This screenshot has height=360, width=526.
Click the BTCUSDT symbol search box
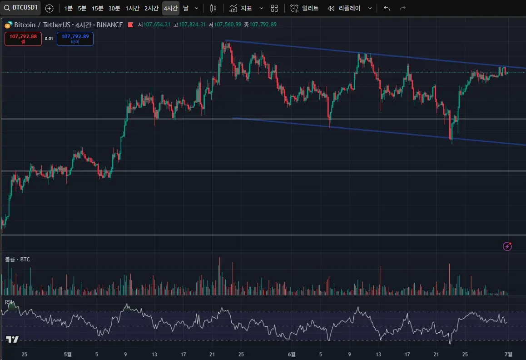click(x=21, y=8)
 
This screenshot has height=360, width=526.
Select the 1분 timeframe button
click(x=68, y=8)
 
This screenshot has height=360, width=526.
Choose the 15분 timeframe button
click(x=97, y=8)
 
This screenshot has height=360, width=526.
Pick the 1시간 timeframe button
click(x=132, y=8)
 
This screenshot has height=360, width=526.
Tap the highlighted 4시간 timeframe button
click(x=171, y=8)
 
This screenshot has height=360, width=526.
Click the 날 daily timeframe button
click(x=186, y=8)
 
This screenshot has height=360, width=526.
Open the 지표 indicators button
click(x=241, y=8)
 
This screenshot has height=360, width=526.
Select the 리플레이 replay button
click(x=344, y=8)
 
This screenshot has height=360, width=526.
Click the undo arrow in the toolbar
click(x=387, y=8)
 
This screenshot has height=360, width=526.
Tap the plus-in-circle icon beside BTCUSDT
click(x=50, y=8)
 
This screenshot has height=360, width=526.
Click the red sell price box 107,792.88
click(x=23, y=39)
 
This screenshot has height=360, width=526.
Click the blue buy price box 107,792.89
click(x=75, y=39)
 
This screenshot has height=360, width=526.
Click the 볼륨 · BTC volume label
click(x=17, y=259)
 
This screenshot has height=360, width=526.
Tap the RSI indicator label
click(x=9, y=302)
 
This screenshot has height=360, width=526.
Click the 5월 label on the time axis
click(x=68, y=354)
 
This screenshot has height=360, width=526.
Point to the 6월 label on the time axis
click(x=292, y=354)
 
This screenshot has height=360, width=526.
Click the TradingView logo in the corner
click(x=12, y=340)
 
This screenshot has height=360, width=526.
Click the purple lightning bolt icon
click(x=507, y=246)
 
